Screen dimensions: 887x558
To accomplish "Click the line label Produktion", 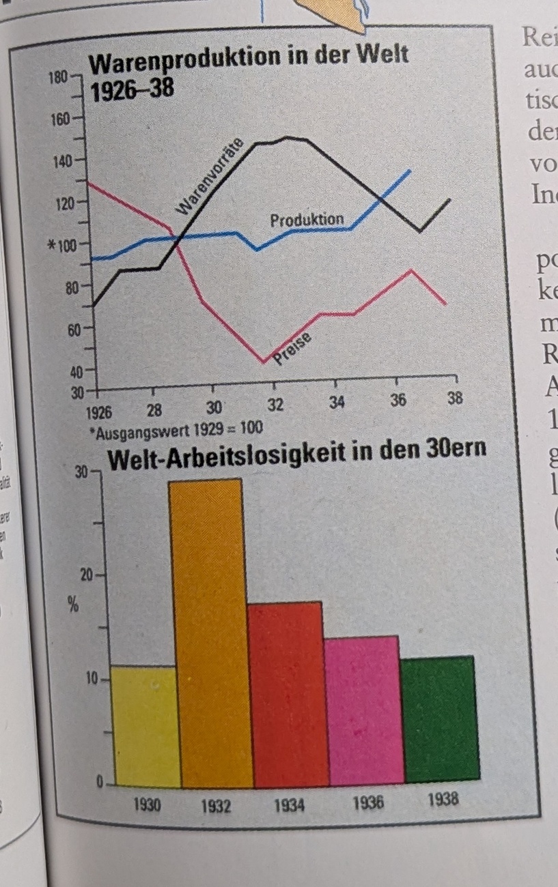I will pos(307,220).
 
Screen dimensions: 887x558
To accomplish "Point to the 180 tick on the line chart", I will pos(58,76).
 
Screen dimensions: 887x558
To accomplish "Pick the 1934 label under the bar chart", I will pos(289,805).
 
